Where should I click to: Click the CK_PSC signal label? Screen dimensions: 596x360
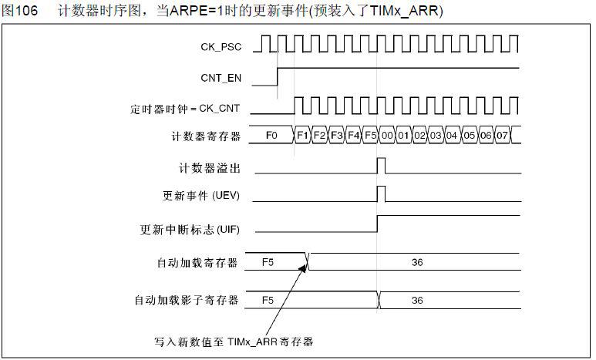click(221, 47)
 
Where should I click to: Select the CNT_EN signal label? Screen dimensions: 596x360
click(221, 79)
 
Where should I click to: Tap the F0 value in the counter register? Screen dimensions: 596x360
click(271, 136)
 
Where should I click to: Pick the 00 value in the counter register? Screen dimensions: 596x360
click(387, 136)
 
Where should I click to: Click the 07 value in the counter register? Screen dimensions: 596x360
click(502, 136)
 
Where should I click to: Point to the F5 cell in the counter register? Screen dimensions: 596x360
click(370, 136)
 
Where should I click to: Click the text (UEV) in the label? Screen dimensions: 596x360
click(226, 196)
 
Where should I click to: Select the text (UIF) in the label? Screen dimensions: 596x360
click(228, 230)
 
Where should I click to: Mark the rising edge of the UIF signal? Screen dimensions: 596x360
click(378, 224)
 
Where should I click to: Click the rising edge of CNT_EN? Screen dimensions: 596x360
click(278, 76)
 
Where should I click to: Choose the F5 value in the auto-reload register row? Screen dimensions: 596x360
click(268, 262)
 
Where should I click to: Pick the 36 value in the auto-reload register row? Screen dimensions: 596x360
click(417, 262)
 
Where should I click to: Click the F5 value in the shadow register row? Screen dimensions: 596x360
click(268, 301)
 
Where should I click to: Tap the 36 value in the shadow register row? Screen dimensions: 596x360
click(417, 301)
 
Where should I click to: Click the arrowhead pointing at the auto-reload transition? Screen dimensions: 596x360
click(302, 269)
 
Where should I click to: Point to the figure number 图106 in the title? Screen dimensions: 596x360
click(20, 10)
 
